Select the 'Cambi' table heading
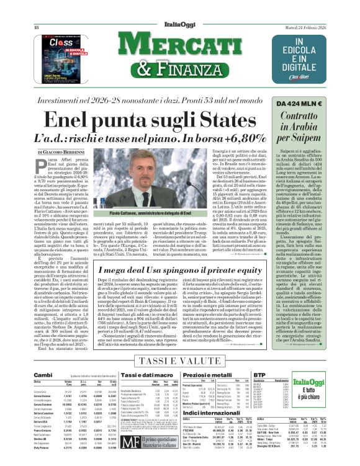tap(42, 375)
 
